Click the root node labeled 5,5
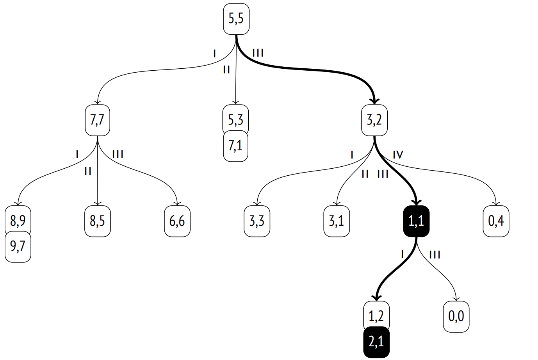[236, 19]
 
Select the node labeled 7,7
[98, 120]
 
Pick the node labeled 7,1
[235, 146]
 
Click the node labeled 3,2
[374, 120]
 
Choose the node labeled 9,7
[18, 247]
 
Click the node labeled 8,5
[98, 221]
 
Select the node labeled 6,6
[177, 221]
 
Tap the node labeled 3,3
[257, 221]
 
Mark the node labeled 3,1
[337, 221]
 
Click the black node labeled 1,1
[417, 221]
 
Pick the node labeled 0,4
[496, 221]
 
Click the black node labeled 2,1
[376, 342]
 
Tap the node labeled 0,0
[456, 317]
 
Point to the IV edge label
[398, 155]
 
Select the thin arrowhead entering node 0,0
[456, 299]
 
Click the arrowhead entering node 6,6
[177, 203]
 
